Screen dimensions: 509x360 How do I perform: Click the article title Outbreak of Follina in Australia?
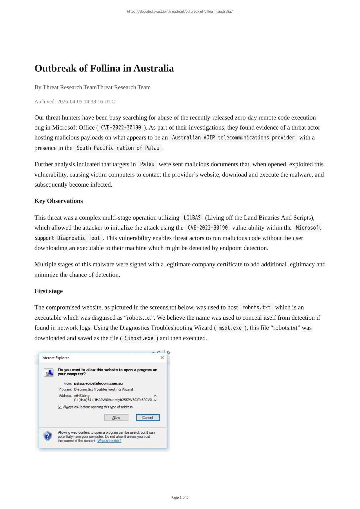point(104,68)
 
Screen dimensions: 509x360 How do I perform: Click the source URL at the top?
point(180,12)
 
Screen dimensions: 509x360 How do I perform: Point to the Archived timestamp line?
point(74,101)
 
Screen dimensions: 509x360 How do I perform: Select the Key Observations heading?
point(59,201)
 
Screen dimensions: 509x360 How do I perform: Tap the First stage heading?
point(48,291)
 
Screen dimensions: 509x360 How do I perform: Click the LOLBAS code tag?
point(192,218)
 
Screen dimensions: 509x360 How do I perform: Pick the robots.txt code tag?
point(256,308)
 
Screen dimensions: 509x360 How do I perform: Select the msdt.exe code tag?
point(230,328)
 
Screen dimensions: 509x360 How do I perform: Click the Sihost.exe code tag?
point(139,338)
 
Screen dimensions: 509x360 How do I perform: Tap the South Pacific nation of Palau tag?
point(118,148)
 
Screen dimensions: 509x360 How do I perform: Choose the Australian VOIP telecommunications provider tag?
point(233,138)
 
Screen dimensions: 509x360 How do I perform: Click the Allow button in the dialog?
point(116,418)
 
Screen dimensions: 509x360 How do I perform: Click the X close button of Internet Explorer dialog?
point(162,358)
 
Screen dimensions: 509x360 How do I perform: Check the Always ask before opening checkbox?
point(60,407)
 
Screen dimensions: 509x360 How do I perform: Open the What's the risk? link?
point(109,441)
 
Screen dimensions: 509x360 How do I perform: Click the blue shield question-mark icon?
point(48,436)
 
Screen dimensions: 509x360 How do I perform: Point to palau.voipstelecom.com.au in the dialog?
point(98,383)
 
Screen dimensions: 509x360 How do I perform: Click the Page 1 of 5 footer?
point(180,497)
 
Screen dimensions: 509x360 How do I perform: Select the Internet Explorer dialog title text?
point(55,358)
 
